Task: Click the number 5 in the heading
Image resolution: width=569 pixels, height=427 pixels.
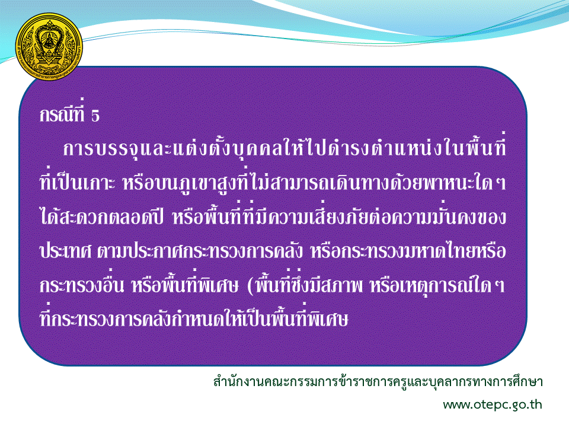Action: click(x=95, y=116)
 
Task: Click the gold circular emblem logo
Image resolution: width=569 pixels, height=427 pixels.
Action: click(x=49, y=47)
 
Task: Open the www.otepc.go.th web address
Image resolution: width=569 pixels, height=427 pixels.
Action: click(x=493, y=404)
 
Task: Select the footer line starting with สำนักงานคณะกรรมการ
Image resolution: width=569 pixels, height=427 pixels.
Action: click(x=378, y=381)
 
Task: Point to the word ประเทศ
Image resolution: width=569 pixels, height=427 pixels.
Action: click(x=65, y=251)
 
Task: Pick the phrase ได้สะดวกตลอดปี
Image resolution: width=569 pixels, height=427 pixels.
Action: click(x=101, y=216)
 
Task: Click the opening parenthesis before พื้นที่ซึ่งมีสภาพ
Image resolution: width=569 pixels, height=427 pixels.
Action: click(x=250, y=286)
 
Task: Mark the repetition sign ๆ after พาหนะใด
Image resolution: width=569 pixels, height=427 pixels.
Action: click(x=501, y=182)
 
